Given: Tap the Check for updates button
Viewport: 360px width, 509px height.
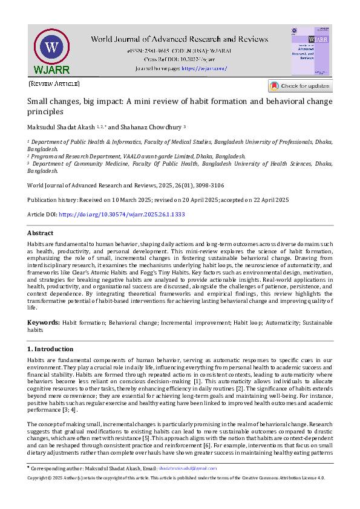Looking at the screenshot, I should pos(300,86).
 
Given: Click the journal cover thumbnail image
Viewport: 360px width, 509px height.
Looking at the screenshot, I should pos(310,51).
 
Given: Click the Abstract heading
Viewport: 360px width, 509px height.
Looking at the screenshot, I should pos(40,233).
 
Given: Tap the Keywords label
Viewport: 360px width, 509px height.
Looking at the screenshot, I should pos(42,323).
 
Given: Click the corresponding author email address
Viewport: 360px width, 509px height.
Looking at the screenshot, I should pos(188,468).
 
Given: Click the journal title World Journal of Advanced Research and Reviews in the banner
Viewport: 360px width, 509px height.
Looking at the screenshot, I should pos(179,40).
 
